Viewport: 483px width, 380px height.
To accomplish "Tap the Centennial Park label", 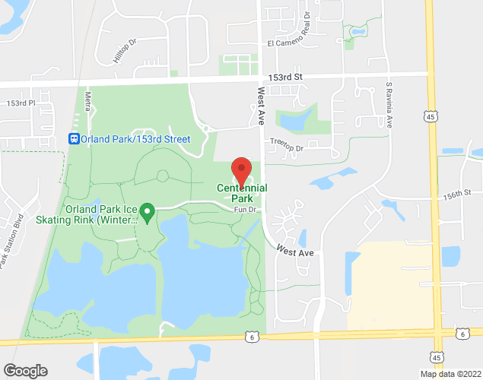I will (x=242, y=195).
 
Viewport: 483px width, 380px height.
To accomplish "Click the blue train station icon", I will (x=74, y=138).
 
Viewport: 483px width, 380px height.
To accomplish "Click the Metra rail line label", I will (x=89, y=100).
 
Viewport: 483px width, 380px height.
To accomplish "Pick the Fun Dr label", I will (x=243, y=210).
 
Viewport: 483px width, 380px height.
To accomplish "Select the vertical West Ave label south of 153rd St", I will (x=260, y=104).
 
